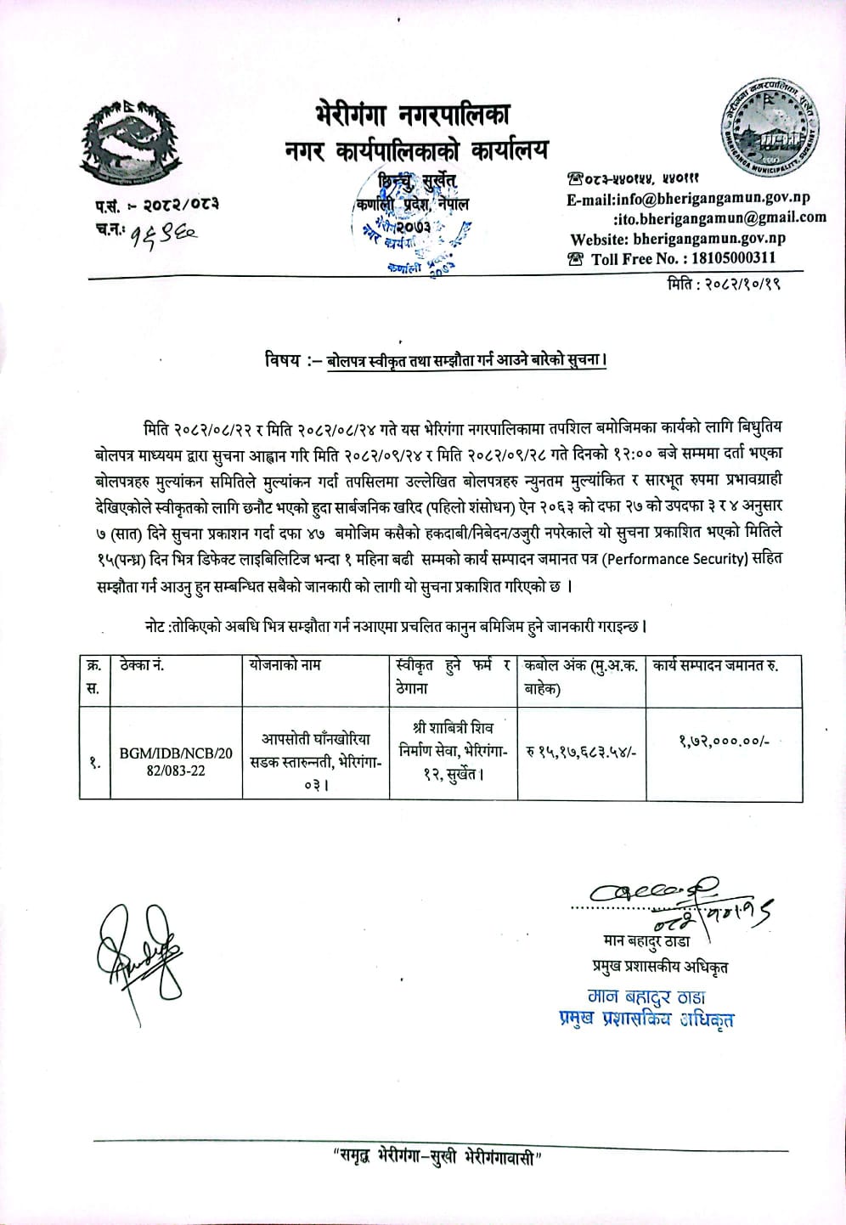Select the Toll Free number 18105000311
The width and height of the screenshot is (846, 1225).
pos(684,259)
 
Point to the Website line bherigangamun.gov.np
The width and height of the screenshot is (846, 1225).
pos(678,240)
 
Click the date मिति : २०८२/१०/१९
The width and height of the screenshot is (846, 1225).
pos(724,284)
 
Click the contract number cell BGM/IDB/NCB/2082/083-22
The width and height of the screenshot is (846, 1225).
pos(175,762)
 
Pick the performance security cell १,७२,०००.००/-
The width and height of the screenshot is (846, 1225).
pos(724,742)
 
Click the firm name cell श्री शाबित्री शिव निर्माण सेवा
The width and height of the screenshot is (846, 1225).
pos(453,751)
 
